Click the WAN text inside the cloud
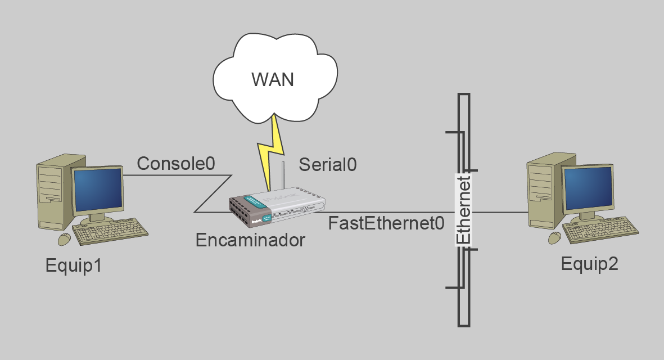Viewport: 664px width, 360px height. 273,79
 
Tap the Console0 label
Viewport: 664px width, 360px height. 176,164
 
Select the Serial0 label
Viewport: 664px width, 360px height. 328,164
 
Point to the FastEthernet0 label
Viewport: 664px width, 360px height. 386,223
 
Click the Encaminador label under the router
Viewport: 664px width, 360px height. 250,240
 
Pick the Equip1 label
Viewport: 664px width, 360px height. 74,265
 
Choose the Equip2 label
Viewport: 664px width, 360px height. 589,263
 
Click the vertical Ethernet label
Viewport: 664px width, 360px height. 463,209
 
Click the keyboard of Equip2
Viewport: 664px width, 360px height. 601,231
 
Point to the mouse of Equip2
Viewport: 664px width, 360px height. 555,237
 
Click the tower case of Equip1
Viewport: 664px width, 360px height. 53,191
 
